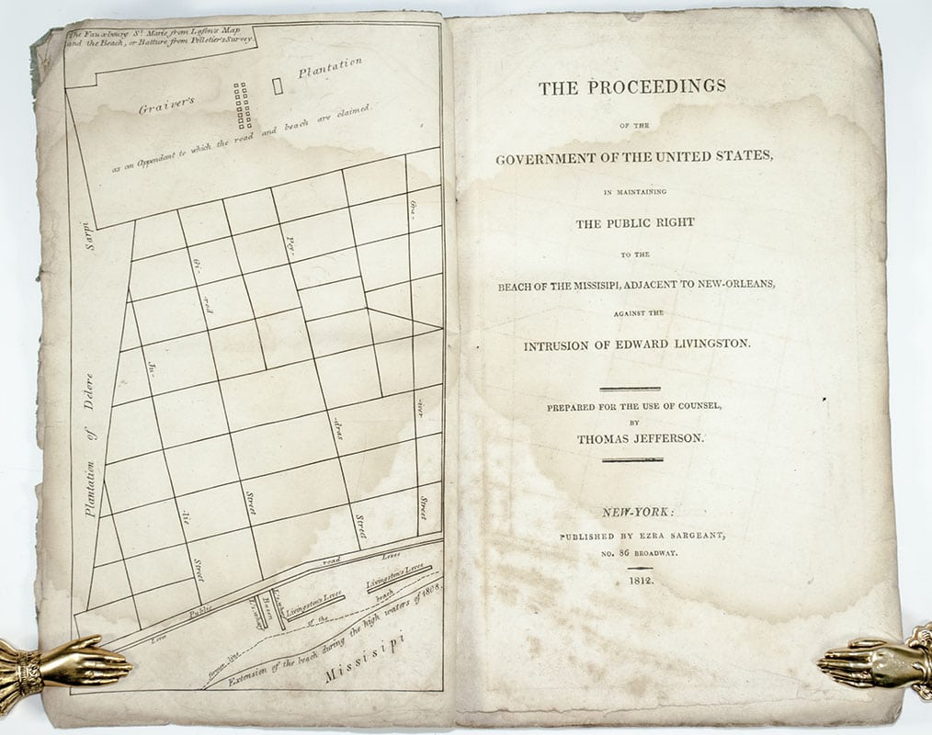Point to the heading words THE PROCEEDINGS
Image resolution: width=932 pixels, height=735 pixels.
tap(632, 87)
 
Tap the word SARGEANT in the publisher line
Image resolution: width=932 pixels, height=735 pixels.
tap(675, 535)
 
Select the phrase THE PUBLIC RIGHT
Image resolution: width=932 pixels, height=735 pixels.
tap(634, 222)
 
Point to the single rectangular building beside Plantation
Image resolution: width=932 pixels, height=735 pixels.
tap(278, 85)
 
